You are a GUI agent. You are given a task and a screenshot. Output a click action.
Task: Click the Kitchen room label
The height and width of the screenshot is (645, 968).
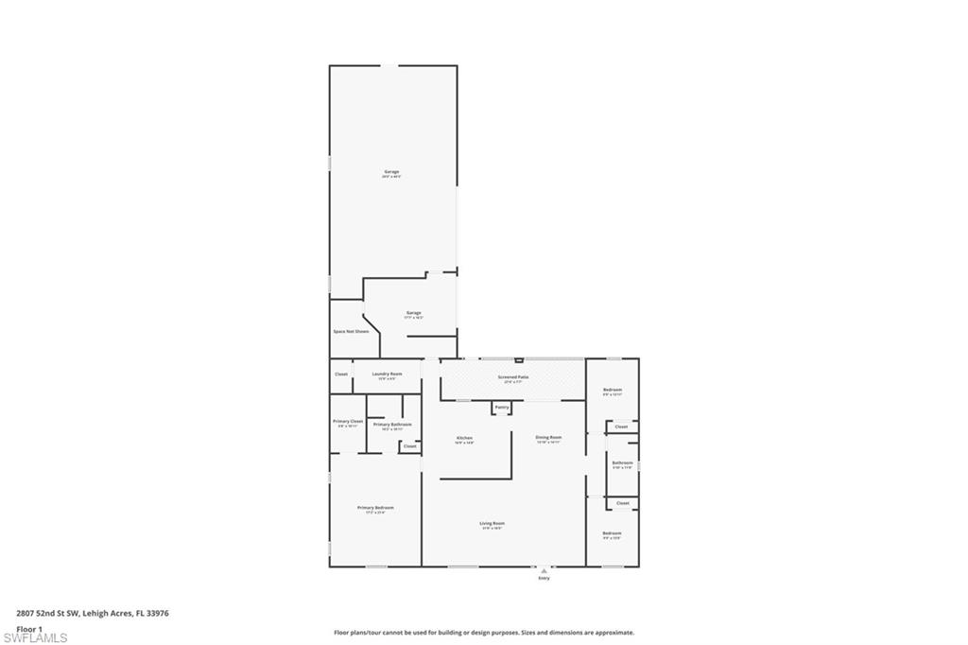[x=464, y=439]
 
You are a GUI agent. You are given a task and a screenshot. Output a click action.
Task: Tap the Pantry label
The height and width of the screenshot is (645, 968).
[x=502, y=408]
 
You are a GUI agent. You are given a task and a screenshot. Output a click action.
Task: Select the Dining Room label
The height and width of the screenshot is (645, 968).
[x=549, y=438]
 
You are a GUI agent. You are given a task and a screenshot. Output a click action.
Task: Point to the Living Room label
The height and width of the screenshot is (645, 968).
[x=493, y=524]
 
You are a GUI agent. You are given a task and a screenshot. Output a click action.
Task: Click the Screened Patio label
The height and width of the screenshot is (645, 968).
[x=514, y=377]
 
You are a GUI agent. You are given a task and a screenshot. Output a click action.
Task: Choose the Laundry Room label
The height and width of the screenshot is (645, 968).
[x=388, y=375]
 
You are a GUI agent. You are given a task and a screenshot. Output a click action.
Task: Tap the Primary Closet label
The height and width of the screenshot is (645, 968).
[x=348, y=422]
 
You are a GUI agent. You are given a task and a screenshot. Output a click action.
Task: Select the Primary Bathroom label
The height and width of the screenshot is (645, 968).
[x=391, y=426]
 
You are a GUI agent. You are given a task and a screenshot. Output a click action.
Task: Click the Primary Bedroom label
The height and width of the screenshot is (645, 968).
[x=375, y=509]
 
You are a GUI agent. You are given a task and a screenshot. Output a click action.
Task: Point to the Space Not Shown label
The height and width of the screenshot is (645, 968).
[x=350, y=332]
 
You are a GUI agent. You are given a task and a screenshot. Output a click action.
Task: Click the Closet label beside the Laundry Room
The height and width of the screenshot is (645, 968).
[x=341, y=375]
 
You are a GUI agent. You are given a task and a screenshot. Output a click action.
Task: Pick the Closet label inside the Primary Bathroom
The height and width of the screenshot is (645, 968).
[x=409, y=446]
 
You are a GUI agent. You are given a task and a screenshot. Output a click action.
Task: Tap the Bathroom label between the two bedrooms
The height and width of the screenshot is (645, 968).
[x=622, y=463]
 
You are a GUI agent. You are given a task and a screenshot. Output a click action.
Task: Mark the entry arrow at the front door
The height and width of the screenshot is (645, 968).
[x=544, y=570]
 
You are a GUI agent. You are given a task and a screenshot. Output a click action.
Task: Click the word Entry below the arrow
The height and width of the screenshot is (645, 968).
[x=544, y=578]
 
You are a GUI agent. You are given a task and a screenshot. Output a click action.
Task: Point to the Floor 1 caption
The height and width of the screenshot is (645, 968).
[x=29, y=628]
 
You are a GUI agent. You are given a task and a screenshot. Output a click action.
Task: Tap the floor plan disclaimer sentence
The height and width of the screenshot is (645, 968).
[x=483, y=633]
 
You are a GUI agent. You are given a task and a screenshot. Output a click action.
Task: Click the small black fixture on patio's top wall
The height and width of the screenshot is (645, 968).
[x=518, y=360]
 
